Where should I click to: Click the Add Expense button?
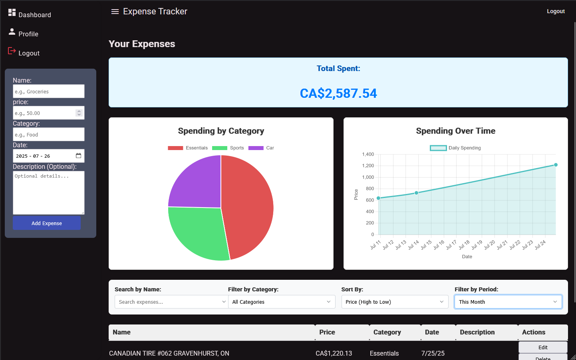click(x=47, y=223)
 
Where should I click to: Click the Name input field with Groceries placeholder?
click(x=48, y=91)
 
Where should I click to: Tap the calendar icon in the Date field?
click(x=78, y=156)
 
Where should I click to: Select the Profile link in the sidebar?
click(x=28, y=34)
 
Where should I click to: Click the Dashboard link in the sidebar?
click(x=34, y=15)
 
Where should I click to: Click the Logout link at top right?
click(x=556, y=11)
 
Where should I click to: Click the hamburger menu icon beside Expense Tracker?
click(x=115, y=12)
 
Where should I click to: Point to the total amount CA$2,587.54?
click(x=338, y=93)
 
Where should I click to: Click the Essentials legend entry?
click(x=188, y=148)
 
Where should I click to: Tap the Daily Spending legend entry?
click(x=455, y=148)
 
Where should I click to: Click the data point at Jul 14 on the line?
click(x=417, y=193)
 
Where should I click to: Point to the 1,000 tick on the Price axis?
click(x=368, y=177)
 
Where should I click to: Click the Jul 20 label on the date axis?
click(x=489, y=245)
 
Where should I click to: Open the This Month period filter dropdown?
click(x=508, y=302)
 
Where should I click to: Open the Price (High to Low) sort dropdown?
click(x=394, y=302)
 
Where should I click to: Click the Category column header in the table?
click(x=387, y=332)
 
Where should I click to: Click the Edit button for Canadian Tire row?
click(x=542, y=347)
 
